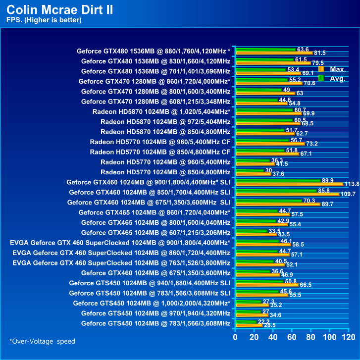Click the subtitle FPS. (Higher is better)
[44, 20]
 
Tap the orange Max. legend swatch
[321, 69]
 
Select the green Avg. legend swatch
[321, 78]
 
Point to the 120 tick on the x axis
[349, 337]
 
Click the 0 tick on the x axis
[236, 337]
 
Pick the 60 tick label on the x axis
[292, 337]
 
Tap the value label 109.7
[347, 194]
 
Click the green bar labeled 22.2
[247, 321]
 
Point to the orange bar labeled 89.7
[277, 204]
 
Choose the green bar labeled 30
[250, 170]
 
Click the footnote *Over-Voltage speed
[43, 341]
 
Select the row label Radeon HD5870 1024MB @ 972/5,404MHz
[165, 121]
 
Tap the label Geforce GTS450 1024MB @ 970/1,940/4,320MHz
[155, 313]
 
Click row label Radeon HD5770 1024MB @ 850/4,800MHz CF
[160, 152]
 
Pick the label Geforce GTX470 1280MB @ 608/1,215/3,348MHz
[155, 101]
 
